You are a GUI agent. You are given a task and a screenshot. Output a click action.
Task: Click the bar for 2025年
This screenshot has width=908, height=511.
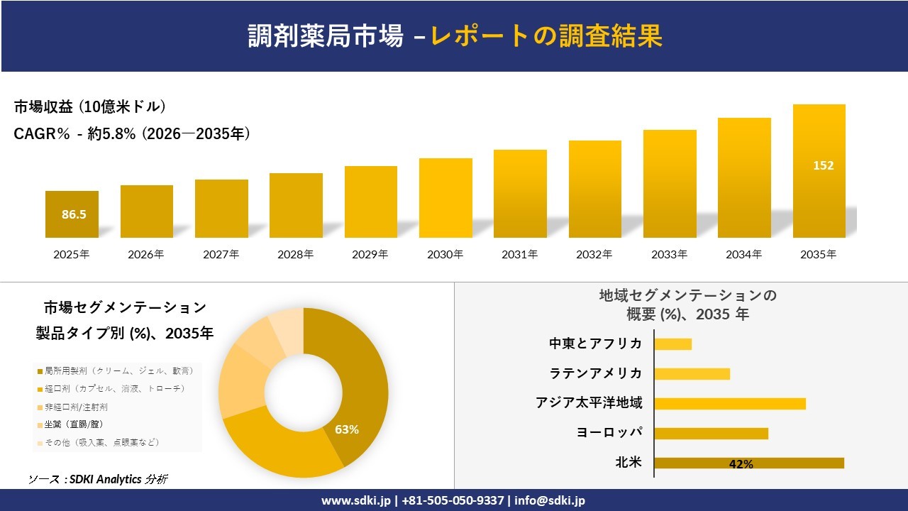click(72, 214)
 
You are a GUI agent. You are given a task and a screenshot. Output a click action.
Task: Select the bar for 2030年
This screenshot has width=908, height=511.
click(445, 198)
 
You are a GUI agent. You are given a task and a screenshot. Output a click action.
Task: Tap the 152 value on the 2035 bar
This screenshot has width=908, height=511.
click(823, 165)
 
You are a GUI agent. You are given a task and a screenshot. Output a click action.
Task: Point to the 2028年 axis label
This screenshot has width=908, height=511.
click(295, 254)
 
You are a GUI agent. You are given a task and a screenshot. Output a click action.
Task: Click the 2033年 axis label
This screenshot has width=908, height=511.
click(669, 254)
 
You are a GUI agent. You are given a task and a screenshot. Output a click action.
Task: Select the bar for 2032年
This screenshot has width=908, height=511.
click(594, 189)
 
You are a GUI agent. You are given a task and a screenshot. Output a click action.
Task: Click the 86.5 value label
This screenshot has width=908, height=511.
click(74, 214)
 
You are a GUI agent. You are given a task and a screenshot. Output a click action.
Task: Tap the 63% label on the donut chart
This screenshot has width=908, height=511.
click(347, 429)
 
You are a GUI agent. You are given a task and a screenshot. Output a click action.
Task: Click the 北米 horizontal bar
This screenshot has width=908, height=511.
click(748, 463)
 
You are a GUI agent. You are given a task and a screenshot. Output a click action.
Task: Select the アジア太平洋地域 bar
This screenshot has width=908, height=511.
click(729, 403)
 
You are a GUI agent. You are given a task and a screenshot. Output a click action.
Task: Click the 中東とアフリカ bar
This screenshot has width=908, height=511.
click(672, 344)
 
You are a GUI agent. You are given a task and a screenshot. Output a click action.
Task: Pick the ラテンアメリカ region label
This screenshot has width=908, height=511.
click(596, 373)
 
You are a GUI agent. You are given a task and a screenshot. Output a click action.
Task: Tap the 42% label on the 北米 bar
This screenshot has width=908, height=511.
click(741, 464)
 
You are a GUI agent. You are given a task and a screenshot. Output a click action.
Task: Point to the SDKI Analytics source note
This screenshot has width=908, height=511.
click(98, 479)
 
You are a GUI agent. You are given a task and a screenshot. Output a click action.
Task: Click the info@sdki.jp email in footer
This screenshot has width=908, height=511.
click(550, 500)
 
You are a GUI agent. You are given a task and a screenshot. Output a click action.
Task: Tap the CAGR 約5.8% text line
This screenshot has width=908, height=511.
click(132, 134)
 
